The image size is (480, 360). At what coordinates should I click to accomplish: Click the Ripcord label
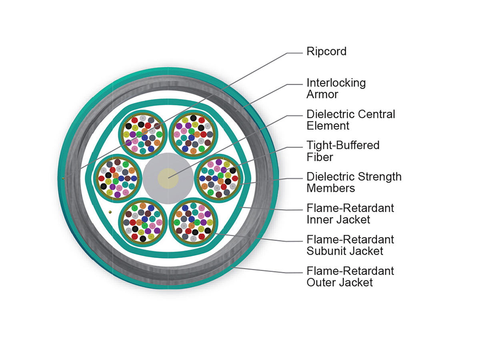click(326, 52)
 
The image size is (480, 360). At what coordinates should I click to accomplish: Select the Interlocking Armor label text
click(336, 88)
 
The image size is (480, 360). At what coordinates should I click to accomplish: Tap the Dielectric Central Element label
click(351, 120)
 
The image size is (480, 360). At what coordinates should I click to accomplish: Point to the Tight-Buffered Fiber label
click(343, 151)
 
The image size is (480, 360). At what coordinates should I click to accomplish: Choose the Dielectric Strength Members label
click(354, 182)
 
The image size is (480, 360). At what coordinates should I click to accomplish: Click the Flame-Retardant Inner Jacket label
click(350, 214)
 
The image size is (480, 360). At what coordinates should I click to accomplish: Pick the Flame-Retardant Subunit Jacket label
click(350, 245)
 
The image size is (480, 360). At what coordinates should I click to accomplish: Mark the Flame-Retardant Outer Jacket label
click(350, 276)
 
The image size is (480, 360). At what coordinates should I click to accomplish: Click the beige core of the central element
click(168, 178)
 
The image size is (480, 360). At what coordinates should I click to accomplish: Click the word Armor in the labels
click(322, 94)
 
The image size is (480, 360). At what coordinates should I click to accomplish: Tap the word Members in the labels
click(331, 188)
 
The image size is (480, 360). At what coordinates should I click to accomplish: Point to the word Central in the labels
click(376, 114)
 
